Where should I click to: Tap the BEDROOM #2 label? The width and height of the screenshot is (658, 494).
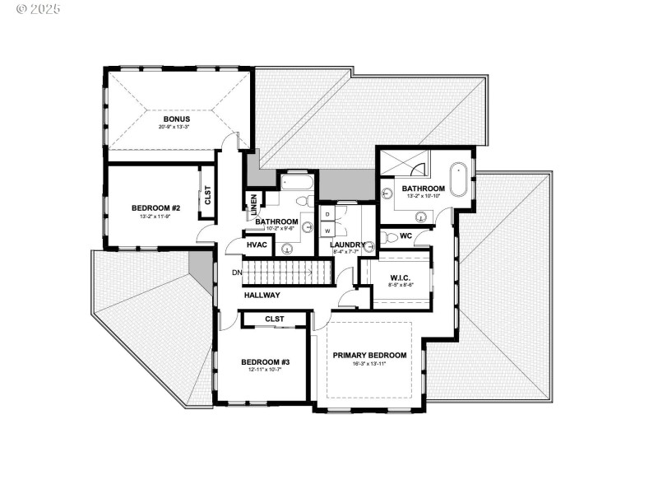(x=155, y=208)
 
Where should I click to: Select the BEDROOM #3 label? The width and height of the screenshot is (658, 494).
(x=265, y=361)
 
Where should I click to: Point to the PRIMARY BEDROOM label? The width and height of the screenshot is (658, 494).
(x=371, y=355)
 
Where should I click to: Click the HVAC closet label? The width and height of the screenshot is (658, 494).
(x=257, y=245)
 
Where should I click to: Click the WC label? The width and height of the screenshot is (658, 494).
(x=405, y=236)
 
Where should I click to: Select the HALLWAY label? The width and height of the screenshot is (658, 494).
(x=262, y=295)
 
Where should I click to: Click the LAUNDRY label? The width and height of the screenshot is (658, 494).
(x=348, y=245)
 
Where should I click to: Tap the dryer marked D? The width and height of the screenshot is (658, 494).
(x=327, y=214)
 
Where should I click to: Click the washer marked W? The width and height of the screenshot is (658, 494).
(x=327, y=231)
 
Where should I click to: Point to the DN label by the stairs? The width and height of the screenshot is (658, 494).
(x=237, y=272)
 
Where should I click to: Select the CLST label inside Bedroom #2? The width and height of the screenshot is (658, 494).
(x=207, y=196)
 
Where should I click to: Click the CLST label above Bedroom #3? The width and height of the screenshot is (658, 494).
(x=275, y=319)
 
